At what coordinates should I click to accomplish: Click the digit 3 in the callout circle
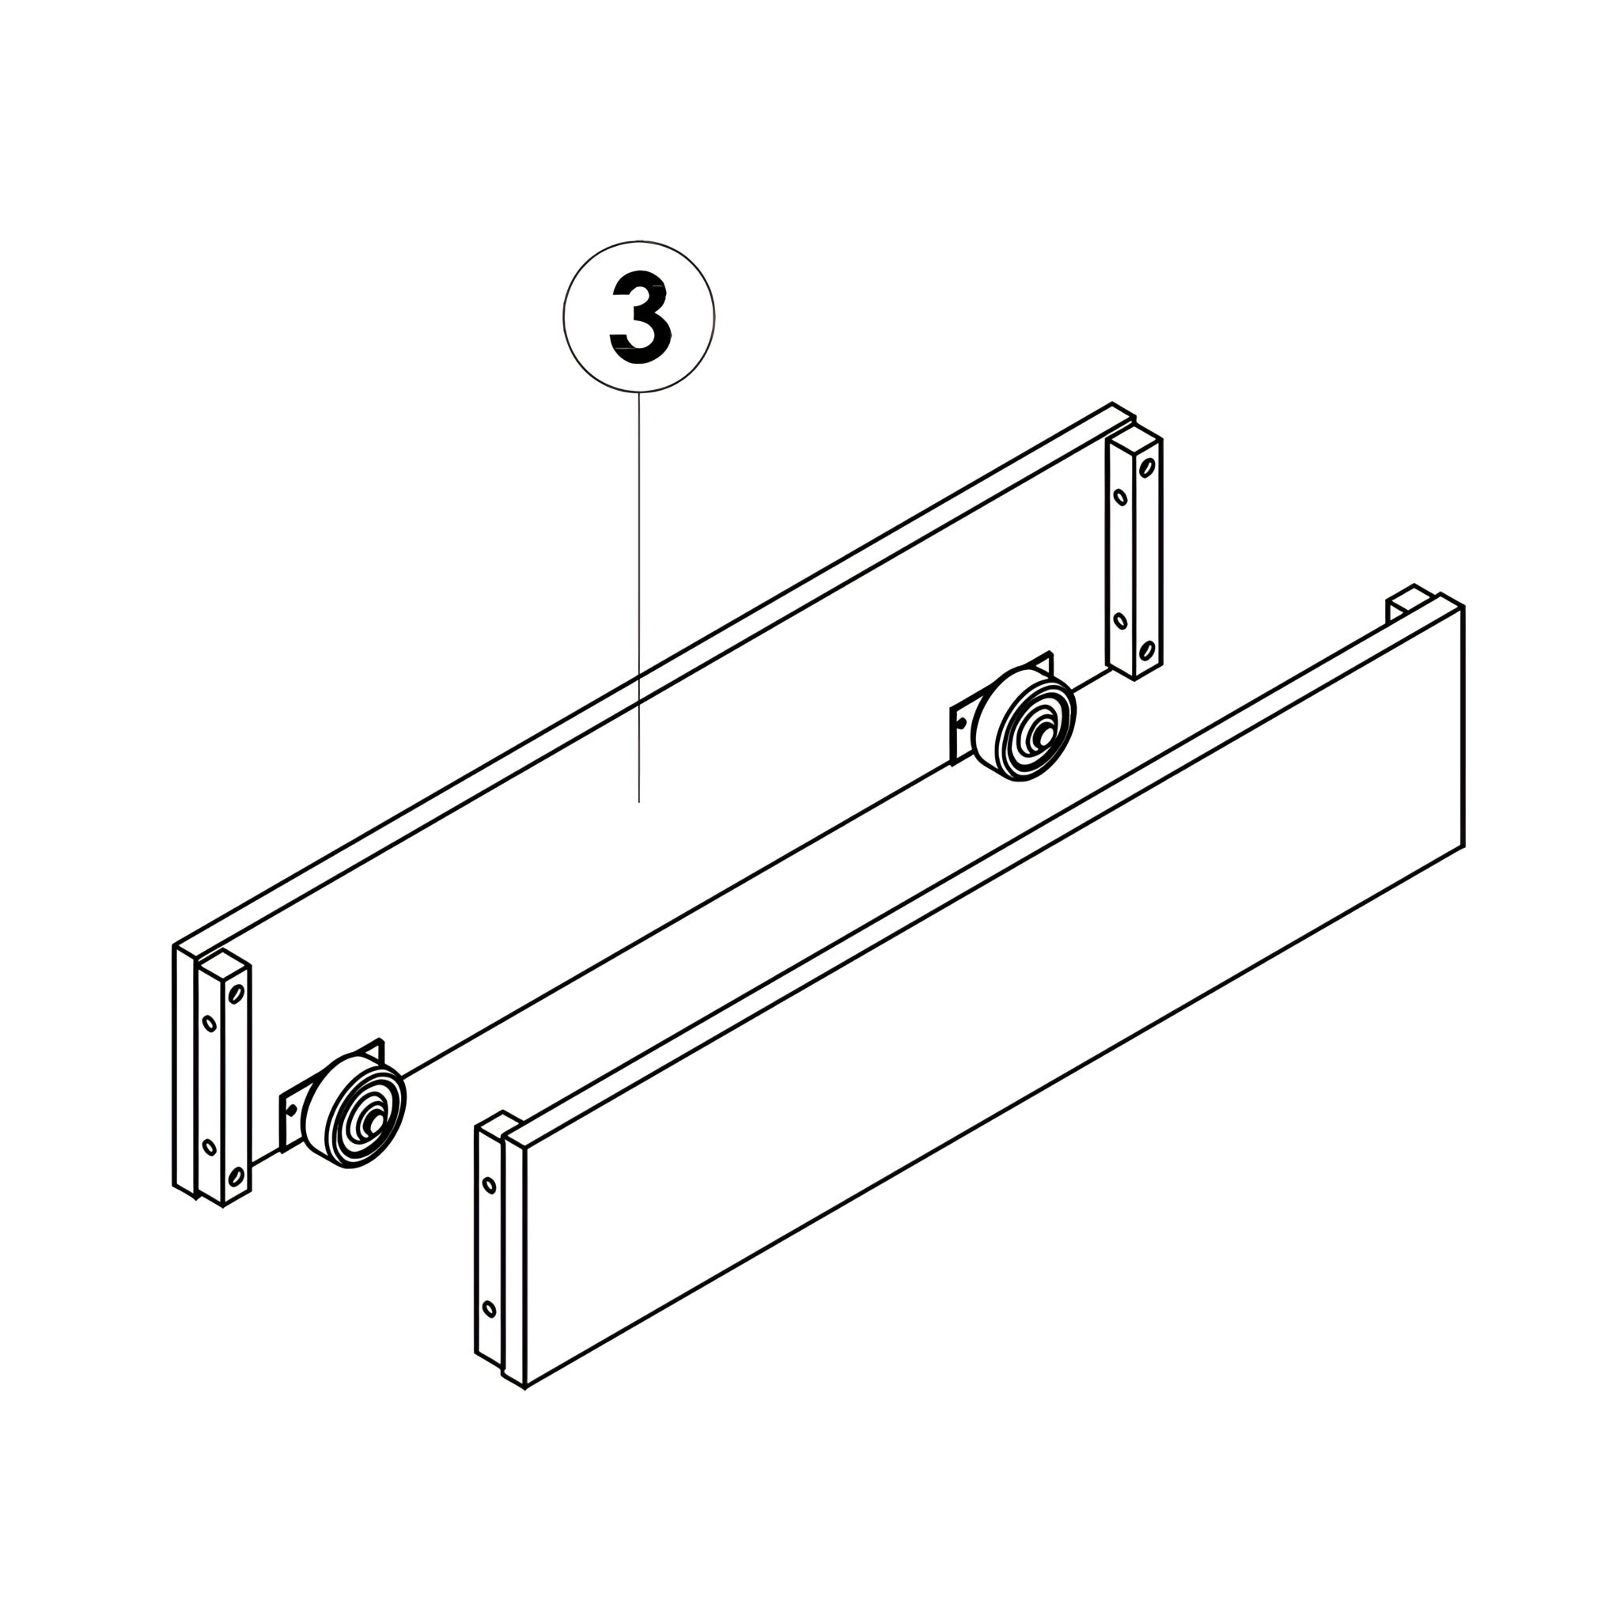click(x=640, y=316)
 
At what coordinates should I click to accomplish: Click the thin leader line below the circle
click(x=639, y=597)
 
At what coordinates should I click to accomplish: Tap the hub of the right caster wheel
click(x=1044, y=735)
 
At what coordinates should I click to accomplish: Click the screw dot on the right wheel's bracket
click(x=961, y=721)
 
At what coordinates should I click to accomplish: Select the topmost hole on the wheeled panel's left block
click(x=237, y=994)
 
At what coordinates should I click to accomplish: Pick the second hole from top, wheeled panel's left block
click(x=210, y=1024)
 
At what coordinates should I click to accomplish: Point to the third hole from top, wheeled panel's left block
click(x=210, y=1147)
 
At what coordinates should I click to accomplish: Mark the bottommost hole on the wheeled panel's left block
click(x=237, y=1177)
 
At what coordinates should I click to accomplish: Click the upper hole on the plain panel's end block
click(x=489, y=1186)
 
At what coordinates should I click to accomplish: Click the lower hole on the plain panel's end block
click(x=489, y=1309)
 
